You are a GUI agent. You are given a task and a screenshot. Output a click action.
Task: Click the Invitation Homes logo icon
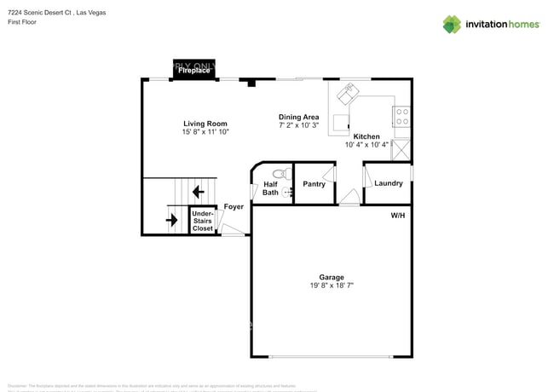click(x=452, y=24)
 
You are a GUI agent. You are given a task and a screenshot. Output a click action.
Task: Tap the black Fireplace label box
click(x=194, y=71)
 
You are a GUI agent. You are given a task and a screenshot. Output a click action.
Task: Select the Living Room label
click(x=205, y=123)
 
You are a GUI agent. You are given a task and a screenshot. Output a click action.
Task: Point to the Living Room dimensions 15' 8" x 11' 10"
click(x=205, y=132)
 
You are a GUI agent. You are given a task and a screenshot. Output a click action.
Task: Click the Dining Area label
click(x=298, y=117)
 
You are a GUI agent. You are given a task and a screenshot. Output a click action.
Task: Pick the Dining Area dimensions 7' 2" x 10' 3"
click(x=298, y=125)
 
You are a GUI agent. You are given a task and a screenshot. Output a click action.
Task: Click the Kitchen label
click(x=366, y=136)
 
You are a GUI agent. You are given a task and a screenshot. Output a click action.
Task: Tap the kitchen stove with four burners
click(x=401, y=116)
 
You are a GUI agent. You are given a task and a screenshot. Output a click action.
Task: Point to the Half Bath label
click(x=270, y=188)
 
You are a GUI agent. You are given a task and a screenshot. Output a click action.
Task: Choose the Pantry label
click(x=314, y=184)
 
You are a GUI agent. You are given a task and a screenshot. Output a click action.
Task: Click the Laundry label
click(x=388, y=183)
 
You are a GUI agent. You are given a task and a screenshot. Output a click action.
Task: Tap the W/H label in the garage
click(x=398, y=216)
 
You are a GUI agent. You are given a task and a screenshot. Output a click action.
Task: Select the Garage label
click(x=332, y=277)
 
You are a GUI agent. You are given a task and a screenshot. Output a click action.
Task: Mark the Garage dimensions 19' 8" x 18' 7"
click(x=332, y=286)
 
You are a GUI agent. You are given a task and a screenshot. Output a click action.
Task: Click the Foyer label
click(x=234, y=207)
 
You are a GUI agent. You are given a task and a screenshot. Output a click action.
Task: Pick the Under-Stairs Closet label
click(x=202, y=222)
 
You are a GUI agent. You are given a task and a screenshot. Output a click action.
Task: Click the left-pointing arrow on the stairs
click(x=198, y=192)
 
